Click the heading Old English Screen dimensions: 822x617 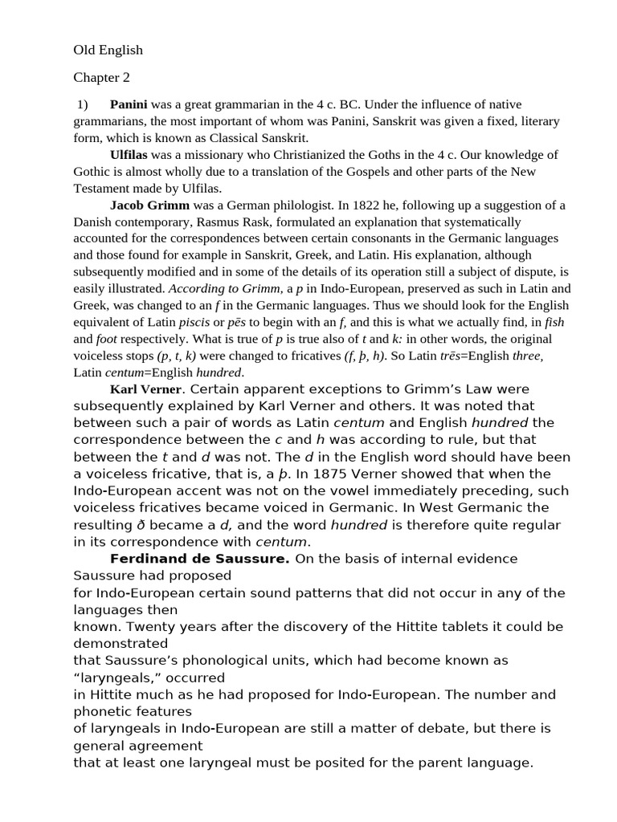108,50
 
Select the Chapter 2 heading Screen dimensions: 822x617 101,78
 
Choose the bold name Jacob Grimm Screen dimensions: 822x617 149,205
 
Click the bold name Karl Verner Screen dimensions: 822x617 145,389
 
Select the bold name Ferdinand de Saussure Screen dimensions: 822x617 199,559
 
